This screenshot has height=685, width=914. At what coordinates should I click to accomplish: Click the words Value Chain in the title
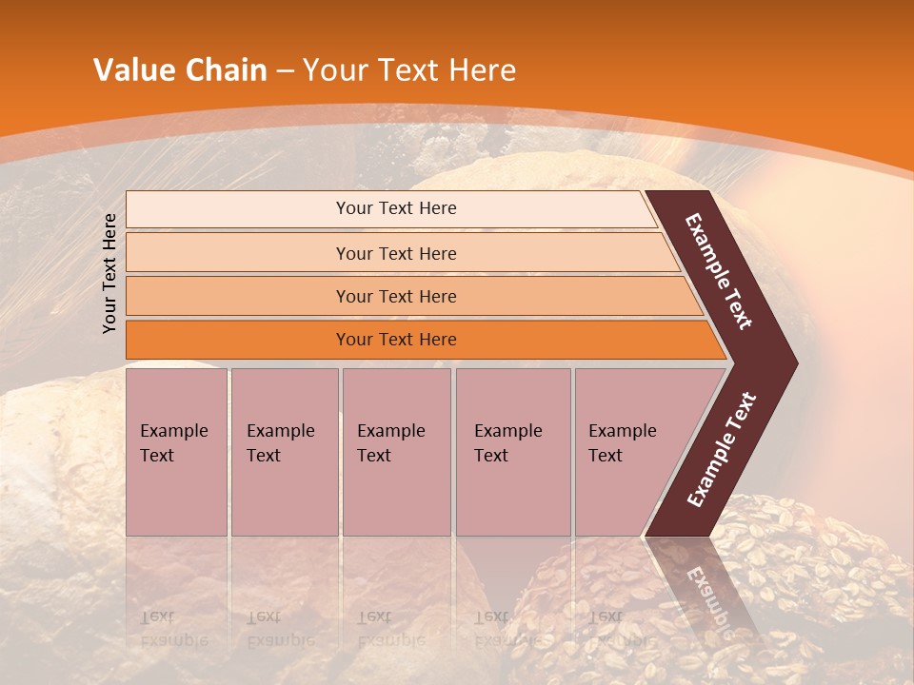(x=180, y=70)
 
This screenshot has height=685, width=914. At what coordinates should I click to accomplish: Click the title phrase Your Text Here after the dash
(x=409, y=70)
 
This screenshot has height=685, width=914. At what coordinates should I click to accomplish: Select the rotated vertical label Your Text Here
(x=109, y=273)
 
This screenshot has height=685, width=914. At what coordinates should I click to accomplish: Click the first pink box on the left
(x=176, y=452)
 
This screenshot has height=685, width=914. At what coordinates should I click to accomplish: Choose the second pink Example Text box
(x=284, y=452)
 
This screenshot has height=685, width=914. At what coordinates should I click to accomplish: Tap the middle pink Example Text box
(x=396, y=452)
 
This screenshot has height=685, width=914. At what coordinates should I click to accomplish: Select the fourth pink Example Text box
(x=513, y=452)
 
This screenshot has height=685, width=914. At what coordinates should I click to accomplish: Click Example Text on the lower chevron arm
(x=722, y=450)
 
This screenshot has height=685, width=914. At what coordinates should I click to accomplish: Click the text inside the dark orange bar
(x=396, y=340)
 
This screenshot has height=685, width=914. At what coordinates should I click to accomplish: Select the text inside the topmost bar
(x=396, y=208)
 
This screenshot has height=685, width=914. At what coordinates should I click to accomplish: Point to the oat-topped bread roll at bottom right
(x=809, y=571)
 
